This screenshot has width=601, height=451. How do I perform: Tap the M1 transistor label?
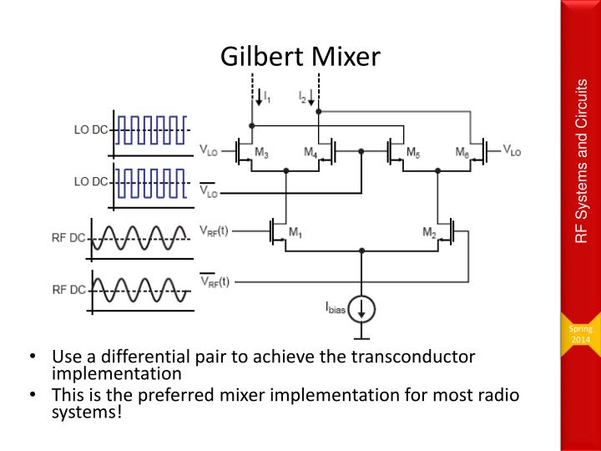coord(295,232)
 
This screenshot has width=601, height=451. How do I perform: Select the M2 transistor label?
coord(429,232)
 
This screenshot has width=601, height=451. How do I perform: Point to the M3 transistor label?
coord(261,155)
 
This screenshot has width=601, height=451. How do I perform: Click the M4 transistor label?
coord(310,155)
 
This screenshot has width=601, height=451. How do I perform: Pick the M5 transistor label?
coord(413,154)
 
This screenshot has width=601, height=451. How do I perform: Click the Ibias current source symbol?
coord(361,308)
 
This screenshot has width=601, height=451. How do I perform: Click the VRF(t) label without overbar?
coord(215,228)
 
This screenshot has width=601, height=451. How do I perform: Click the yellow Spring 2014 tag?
coord(580,335)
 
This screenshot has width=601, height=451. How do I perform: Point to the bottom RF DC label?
coord(69,290)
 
